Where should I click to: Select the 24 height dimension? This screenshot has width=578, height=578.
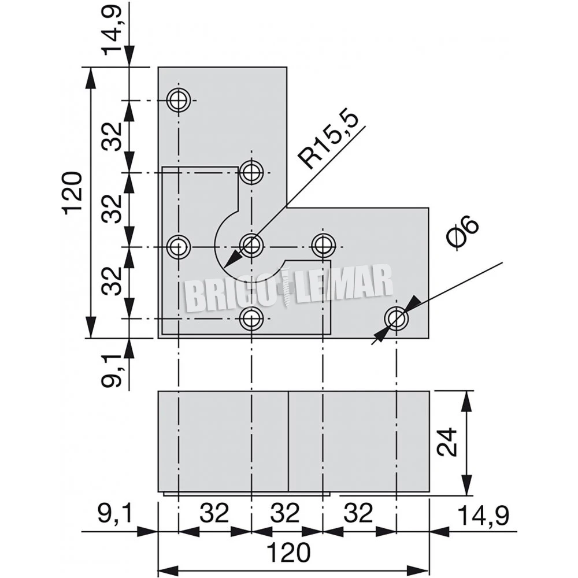click(446, 442)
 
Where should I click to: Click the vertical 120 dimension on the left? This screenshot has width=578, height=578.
click(73, 192)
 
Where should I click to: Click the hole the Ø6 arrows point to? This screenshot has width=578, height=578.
click(397, 318)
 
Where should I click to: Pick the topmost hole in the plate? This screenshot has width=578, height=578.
click(179, 100)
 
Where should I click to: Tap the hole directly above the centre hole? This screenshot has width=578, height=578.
click(251, 172)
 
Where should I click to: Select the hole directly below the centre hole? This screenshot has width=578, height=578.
click(251, 317)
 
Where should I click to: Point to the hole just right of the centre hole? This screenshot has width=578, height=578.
click(324, 246)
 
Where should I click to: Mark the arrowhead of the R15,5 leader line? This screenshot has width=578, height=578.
click(228, 266)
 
